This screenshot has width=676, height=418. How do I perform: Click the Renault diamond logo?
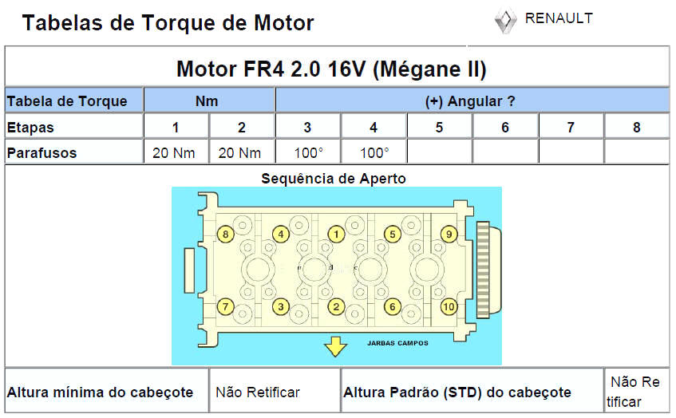point(504,21)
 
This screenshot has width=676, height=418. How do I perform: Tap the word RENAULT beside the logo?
point(559,18)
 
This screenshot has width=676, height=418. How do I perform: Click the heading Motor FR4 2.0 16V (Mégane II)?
point(331,69)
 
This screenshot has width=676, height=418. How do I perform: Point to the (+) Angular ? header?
point(470,101)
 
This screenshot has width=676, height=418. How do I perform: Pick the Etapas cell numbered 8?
point(636,128)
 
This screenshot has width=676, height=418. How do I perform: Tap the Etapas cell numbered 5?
point(439,128)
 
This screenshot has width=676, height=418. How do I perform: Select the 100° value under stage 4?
point(374,152)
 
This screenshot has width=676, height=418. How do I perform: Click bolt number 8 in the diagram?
point(226,234)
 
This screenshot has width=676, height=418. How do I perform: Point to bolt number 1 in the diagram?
point(337,234)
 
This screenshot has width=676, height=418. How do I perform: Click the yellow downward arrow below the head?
point(335,347)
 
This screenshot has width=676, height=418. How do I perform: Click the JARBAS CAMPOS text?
point(397,343)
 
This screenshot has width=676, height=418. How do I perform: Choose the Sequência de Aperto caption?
point(334,179)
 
